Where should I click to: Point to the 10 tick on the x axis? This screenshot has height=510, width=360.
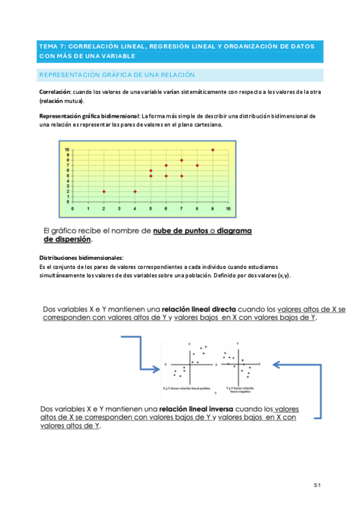(228, 209)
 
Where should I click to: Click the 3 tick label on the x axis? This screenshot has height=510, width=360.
(119, 209)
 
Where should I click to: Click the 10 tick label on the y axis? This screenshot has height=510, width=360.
(67, 149)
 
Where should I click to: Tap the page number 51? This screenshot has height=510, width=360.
(318, 485)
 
